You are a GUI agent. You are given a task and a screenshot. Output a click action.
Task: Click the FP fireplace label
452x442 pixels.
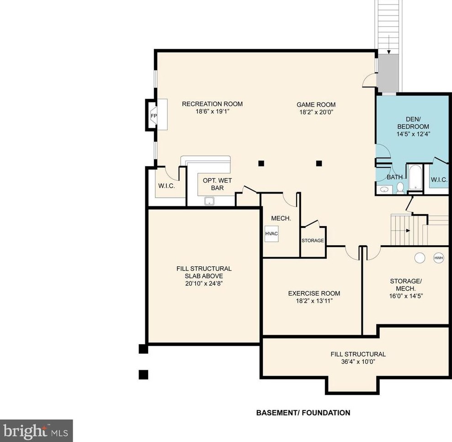click(x=154, y=116)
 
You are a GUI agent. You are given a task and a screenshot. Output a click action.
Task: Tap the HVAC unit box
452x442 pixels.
click(x=271, y=233)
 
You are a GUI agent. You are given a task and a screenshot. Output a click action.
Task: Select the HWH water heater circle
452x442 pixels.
click(x=438, y=258)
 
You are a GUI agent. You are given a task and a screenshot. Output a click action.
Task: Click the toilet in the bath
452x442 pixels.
click(x=400, y=187)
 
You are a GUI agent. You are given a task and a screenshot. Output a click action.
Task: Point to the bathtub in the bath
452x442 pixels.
click(x=415, y=177)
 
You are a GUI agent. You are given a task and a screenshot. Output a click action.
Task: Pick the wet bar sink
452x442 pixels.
click(x=209, y=201)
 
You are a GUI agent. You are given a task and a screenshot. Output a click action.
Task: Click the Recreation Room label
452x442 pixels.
click(x=212, y=104)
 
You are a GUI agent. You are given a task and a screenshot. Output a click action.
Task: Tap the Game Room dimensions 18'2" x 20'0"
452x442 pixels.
click(x=316, y=112)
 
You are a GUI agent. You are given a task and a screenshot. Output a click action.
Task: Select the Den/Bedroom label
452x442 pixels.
click(x=413, y=123)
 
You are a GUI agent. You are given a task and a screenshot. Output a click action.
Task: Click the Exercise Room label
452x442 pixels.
click(x=314, y=293)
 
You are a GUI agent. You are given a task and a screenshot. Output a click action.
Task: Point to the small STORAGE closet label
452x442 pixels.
click(x=313, y=240)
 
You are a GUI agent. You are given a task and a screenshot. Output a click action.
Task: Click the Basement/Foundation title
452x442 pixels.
click(x=303, y=413)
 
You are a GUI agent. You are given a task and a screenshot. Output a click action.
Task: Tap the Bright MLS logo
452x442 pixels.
click(x=36, y=431)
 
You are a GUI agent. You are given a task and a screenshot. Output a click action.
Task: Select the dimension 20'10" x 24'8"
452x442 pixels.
click(x=204, y=283)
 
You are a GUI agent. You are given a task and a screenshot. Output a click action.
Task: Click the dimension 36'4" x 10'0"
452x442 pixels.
click(x=358, y=361)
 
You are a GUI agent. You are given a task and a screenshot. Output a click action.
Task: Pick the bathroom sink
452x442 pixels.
click(x=384, y=189)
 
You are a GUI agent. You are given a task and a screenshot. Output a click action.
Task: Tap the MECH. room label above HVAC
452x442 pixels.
click(x=281, y=218)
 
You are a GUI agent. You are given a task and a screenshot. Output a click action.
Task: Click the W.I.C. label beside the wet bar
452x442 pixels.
click(x=166, y=186)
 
